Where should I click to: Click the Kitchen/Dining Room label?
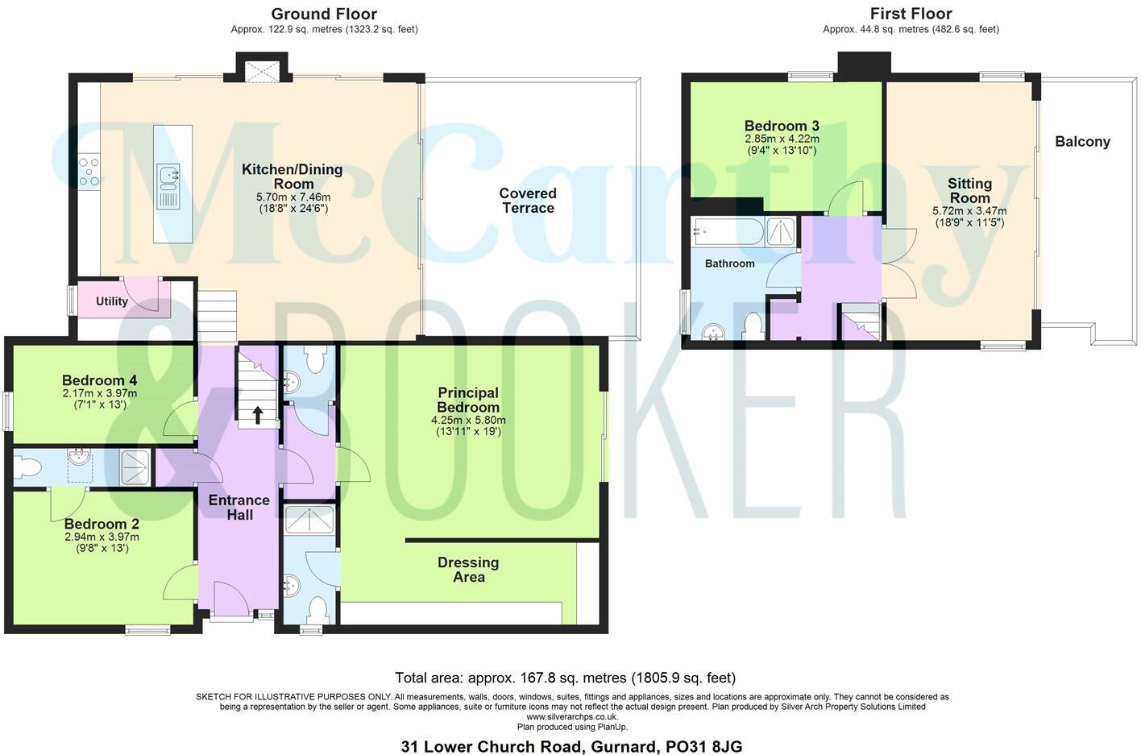pyautogui.click(x=292, y=176)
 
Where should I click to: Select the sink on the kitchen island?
pyautogui.click(x=169, y=176)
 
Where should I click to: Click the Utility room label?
pyautogui.click(x=112, y=301)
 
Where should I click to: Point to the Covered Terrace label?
pyautogui.click(x=528, y=201)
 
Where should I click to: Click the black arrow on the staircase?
pyautogui.click(x=258, y=415)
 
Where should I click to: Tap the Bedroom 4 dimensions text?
pyautogui.click(x=100, y=399)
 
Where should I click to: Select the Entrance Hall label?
pyautogui.click(x=239, y=508)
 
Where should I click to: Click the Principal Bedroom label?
pyautogui.click(x=468, y=400)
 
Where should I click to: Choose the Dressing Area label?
pyautogui.click(x=468, y=570)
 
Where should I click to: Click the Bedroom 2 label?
pyautogui.click(x=102, y=524)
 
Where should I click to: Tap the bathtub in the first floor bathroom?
pyautogui.click(x=728, y=232)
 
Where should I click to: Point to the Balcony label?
pyautogui.click(x=1082, y=142)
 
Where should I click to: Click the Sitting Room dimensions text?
pyautogui.click(x=969, y=217)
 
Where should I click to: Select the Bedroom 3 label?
pyautogui.click(x=782, y=126)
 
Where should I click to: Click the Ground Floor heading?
pyautogui.click(x=324, y=14)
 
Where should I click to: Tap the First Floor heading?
pyautogui.click(x=911, y=14)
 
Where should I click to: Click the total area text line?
pyautogui.click(x=565, y=678)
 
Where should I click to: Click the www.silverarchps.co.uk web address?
pyautogui.click(x=572, y=716)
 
